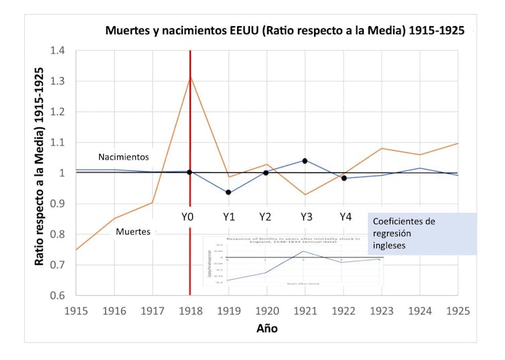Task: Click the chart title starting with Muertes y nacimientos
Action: pyautogui.click(x=285, y=31)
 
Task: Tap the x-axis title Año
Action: pyautogui.click(x=267, y=328)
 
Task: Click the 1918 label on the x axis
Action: pyautogui.click(x=190, y=311)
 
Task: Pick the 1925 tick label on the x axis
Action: pyautogui.click(x=458, y=311)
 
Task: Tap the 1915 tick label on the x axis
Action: pyautogui.click(x=76, y=311)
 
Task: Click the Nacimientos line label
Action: pyautogui.click(x=123, y=157)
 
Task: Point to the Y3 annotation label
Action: pyautogui.click(x=306, y=217)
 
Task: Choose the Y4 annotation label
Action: pyautogui.click(x=345, y=217)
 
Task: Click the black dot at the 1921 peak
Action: pyautogui.click(x=305, y=161)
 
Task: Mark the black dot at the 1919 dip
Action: pyautogui.click(x=228, y=192)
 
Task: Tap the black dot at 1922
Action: pyautogui.click(x=344, y=178)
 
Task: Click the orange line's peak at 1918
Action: pyautogui.click(x=190, y=77)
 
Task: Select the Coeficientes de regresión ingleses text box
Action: pyautogui.click(x=422, y=233)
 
